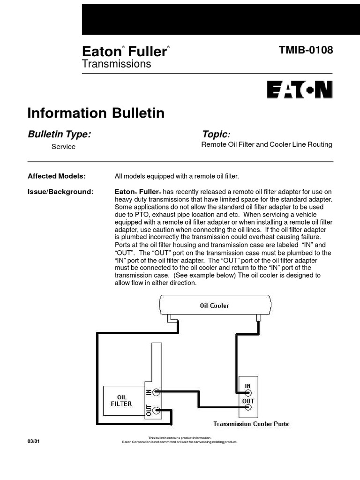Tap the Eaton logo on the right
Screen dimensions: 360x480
pyautogui.click(x=300, y=90)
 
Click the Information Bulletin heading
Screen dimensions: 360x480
pyautogui.click(x=96, y=113)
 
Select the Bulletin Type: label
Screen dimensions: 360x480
pyautogui.click(x=60, y=135)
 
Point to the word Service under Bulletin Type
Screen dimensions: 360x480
pyautogui.click(x=63, y=147)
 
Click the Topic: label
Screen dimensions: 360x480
pyautogui.click(x=216, y=135)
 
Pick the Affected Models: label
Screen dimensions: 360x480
pyautogui.click(x=57, y=176)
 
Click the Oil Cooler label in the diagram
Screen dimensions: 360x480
pyautogui.click(x=215, y=306)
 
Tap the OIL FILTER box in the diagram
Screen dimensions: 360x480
pyautogui.click(x=121, y=400)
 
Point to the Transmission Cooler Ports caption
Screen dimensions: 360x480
pyautogui.click(x=251, y=424)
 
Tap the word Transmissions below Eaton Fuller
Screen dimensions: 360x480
pyautogui.click(x=117, y=64)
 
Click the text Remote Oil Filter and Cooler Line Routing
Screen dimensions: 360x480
pyautogui.click(x=267, y=145)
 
